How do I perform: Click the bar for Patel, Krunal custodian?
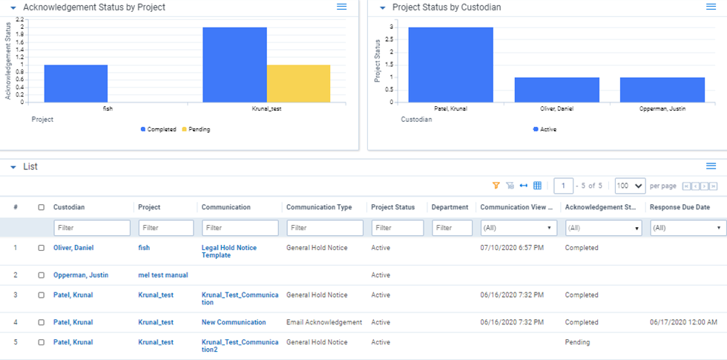pyautogui.click(x=450, y=65)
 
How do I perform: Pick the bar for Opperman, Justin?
pyautogui.click(x=662, y=89)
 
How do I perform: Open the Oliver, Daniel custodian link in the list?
pyautogui.click(x=73, y=248)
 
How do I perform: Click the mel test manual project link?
pyautogui.click(x=162, y=275)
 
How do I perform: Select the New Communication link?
pyautogui.click(x=233, y=322)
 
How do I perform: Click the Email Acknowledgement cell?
pyautogui.click(x=323, y=322)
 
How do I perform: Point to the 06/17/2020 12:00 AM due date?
pyautogui.click(x=683, y=322)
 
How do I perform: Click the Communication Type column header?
pyautogui.click(x=319, y=207)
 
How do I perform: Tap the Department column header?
pyautogui.click(x=450, y=207)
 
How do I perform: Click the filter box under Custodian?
pyautogui.click(x=91, y=228)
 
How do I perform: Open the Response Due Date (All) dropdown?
pyautogui.click(x=688, y=228)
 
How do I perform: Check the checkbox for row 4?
pyautogui.click(x=42, y=322)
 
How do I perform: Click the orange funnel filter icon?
pyautogui.click(x=496, y=186)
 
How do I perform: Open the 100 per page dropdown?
pyautogui.click(x=630, y=186)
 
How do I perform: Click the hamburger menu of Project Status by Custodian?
pyautogui.click(x=711, y=7)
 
